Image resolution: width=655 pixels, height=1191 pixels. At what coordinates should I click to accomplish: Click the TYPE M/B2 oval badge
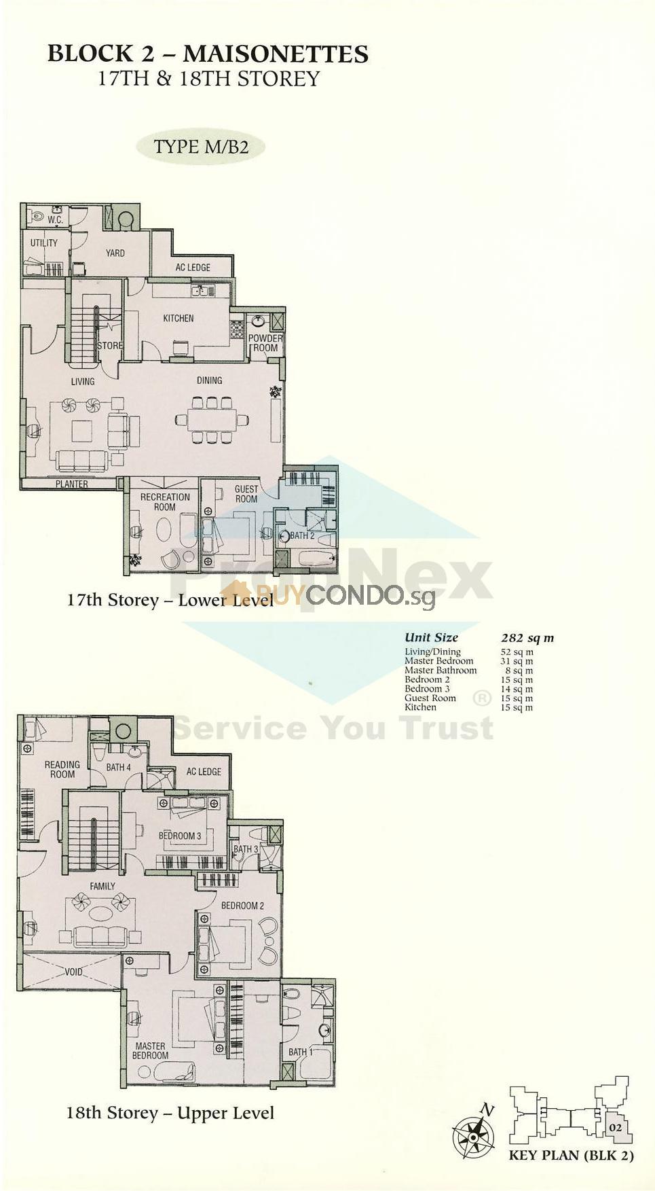point(200,147)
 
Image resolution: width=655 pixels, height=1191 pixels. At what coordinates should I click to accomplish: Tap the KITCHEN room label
point(178,318)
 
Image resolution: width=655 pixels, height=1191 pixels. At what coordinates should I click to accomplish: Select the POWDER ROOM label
point(265,343)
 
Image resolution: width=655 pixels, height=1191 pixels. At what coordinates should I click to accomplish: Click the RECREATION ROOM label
point(165,501)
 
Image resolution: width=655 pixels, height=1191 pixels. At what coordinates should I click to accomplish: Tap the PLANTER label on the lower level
point(72,484)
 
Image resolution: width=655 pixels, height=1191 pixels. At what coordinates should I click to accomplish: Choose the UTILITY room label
point(44,243)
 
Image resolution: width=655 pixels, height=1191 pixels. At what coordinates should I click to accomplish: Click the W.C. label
point(55,220)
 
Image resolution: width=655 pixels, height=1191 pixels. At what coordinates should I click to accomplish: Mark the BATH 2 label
point(302,535)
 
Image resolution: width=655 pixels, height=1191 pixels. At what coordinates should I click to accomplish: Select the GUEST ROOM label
point(246,493)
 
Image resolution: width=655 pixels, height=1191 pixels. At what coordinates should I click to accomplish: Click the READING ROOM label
point(62,769)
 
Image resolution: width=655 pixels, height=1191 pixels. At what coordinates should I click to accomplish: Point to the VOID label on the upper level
point(73,972)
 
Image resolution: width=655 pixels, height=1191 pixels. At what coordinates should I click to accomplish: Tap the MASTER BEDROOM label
point(150,1050)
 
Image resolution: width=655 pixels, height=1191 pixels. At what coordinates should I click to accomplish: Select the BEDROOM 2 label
point(242,905)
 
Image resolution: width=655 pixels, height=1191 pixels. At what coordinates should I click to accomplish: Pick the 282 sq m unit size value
point(527,637)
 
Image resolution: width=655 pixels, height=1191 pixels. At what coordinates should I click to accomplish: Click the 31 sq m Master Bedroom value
point(517,661)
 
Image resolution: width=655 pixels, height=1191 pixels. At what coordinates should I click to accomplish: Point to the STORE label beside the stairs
point(110,345)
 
